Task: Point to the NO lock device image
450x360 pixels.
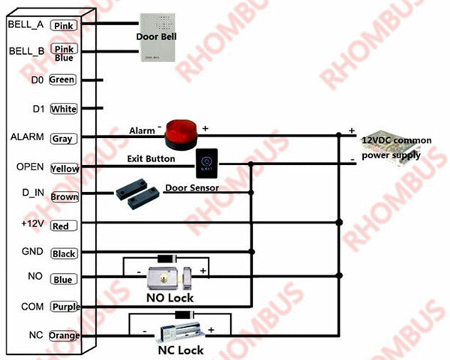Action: (169, 278)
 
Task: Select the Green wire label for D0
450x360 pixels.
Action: (63, 79)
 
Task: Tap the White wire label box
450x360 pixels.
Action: (64, 109)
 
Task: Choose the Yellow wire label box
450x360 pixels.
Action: (64, 169)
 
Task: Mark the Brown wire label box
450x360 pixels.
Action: (64, 197)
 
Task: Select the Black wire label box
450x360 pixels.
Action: (63, 253)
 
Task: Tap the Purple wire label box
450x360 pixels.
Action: (64, 307)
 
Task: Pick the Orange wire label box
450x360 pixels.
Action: (64, 335)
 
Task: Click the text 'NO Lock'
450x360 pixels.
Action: (169, 298)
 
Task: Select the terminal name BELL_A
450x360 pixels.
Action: (25, 24)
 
